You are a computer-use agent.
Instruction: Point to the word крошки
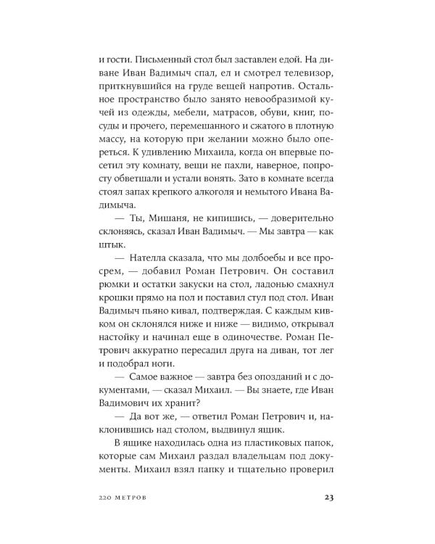coord(101,308)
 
